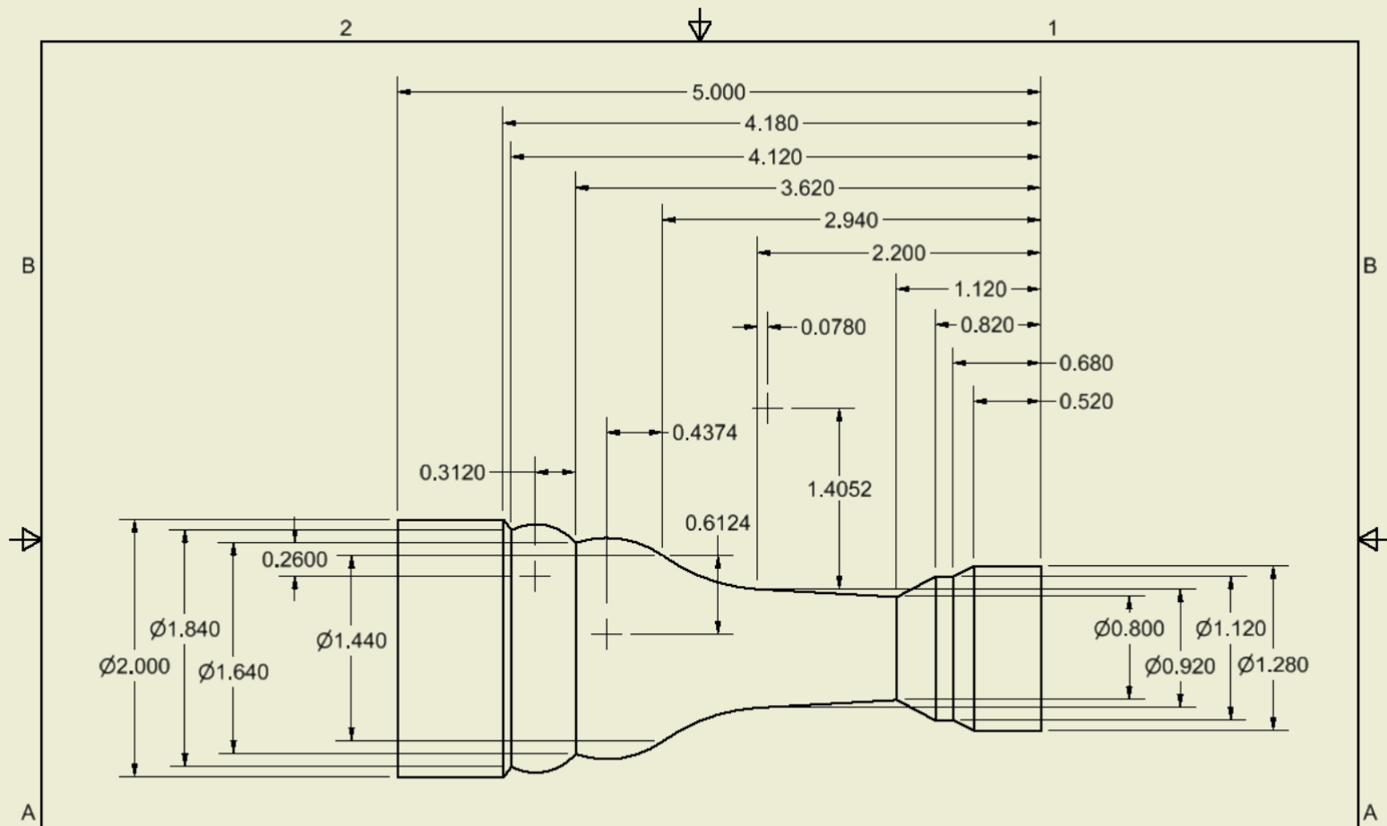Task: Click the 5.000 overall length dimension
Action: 719,92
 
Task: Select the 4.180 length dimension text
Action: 771,124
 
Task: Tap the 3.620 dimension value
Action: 807,188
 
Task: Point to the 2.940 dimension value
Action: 851,220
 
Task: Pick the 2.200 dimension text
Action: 899,254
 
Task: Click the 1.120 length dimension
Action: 980,289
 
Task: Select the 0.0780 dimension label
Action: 833,327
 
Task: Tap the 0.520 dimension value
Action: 1086,401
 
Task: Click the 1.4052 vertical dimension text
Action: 839,489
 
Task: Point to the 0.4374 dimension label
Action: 704,433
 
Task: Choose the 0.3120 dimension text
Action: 452,472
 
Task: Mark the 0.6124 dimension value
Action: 717,523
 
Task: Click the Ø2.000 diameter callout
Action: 134,666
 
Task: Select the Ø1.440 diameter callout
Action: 351,641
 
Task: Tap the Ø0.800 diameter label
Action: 1129,629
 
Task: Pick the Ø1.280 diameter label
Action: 1272,665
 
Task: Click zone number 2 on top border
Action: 346,29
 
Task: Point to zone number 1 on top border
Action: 1053,29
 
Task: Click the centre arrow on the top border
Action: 700,26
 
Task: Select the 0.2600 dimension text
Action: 295,560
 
